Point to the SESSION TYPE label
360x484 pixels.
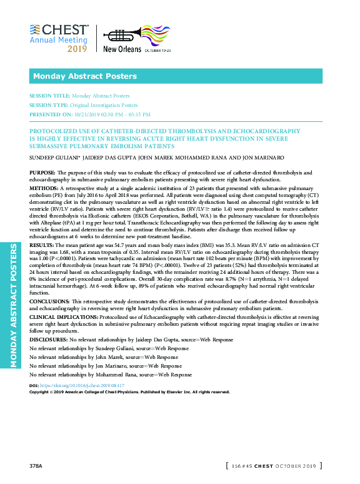(49, 105)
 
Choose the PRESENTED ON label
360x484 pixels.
(50, 114)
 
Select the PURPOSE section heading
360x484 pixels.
(42, 171)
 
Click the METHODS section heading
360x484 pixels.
(44, 188)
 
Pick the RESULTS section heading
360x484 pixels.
(42, 247)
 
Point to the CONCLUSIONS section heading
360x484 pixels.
(50, 301)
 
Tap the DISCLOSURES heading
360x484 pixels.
(48, 339)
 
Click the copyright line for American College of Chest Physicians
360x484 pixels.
(129, 392)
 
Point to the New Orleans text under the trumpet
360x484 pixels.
(121, 49)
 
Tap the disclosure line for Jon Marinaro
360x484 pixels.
(106, 365)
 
